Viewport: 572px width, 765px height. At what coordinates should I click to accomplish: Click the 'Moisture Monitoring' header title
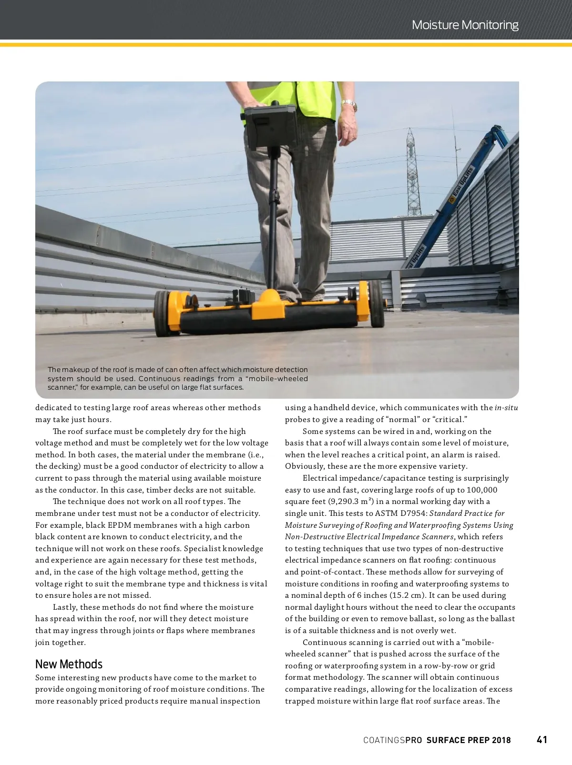(x=465, y=25)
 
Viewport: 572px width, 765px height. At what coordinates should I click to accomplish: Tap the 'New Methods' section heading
(x=69, y=664)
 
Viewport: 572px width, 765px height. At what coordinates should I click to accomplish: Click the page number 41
(x=542, y=740)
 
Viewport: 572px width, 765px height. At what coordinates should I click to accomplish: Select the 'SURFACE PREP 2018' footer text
(x=469, y=740)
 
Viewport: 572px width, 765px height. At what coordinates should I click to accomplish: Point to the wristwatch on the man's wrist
(x=349, y=104)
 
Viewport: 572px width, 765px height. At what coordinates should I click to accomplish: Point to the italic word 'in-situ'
(x=506, y=407)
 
